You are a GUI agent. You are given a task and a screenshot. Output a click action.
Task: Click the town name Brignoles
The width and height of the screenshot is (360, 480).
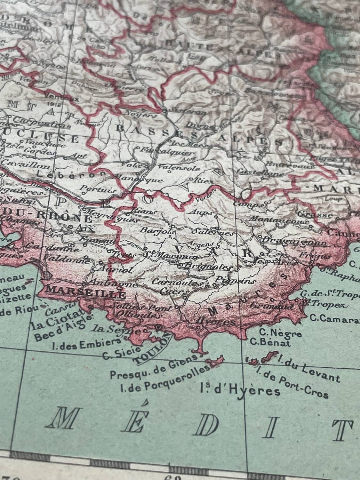click(x=208, y=266)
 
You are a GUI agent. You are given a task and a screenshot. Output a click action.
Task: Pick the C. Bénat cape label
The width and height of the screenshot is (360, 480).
click(x=270, y=343)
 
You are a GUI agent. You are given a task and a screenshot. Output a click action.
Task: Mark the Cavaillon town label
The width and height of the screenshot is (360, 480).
click(x=26, y=165)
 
